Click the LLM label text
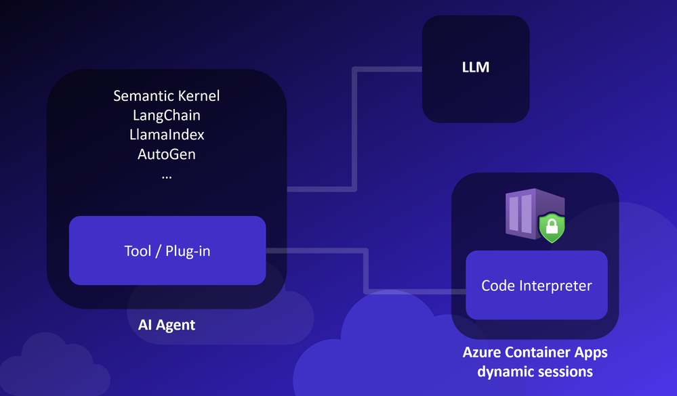tap(475, 67)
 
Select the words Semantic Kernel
tap(167, 95)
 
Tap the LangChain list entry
tap(167, 115)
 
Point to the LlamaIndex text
tap(167, 135)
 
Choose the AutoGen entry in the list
tap(167, 154)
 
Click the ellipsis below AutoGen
tap(167, 177)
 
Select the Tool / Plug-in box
tap(167, 250)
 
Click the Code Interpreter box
tap(537, 285)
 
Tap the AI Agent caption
tap(167, 325)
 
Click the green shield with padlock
tap(552, 227)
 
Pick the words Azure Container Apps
tap(535, 353)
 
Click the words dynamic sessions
tap(535, 372)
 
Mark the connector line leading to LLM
tap(354, 129)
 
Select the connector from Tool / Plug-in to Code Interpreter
tap(366, 271)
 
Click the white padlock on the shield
tap(552, 225)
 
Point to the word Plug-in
tap(188, 251)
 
